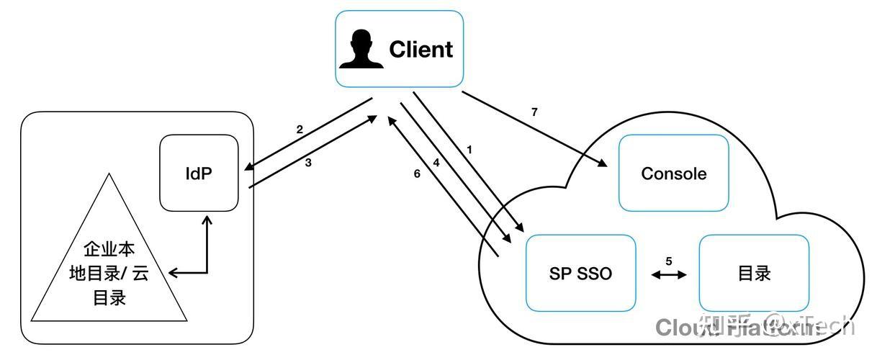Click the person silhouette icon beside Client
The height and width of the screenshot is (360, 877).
(361, 49)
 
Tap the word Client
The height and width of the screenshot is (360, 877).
(420, 49)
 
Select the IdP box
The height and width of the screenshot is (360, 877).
(199, 173)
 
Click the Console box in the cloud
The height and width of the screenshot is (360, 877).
(673, 174)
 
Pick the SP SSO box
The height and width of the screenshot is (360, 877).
(580, 273)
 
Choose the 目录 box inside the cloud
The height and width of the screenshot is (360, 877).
(754, 273)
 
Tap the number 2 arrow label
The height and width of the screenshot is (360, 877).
(299, 130)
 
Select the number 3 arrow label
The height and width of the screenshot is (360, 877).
(308, 163)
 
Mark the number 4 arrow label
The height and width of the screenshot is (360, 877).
(436, 163)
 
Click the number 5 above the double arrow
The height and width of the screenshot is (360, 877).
(668, 261)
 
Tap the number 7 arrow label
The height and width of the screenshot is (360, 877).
(534, 112)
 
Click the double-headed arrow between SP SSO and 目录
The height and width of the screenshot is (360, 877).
(668, 275)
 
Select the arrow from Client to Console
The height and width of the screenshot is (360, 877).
(533, 129)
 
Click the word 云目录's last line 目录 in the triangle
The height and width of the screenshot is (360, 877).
(109, 297)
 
